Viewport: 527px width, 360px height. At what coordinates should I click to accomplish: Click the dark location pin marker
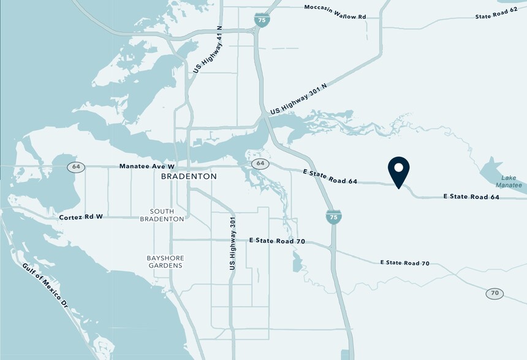(399, 171)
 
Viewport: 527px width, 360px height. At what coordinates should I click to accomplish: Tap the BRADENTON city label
(189, 176)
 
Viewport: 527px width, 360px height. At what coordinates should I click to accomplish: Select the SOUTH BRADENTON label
(162, 214)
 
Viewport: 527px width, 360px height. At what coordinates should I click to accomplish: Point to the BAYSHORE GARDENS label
(164, 261)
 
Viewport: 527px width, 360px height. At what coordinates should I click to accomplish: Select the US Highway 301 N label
(298, 99)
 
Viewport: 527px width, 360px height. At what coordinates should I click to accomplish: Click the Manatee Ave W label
(147, 166)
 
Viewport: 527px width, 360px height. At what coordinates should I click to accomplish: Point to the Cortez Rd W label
(81, 217)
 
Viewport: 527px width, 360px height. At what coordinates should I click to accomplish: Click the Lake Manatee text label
(509, 181)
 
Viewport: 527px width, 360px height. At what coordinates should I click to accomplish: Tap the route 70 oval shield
(495, 294)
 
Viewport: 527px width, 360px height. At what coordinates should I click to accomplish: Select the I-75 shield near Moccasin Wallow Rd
(262, 21)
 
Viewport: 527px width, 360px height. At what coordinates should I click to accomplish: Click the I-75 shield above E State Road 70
(334, 217)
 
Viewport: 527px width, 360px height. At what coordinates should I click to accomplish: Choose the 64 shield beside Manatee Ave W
(76, 167)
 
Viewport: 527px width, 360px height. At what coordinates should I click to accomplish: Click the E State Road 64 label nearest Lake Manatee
(471, 197)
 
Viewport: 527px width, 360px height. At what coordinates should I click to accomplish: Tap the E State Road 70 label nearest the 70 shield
(404, 263)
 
